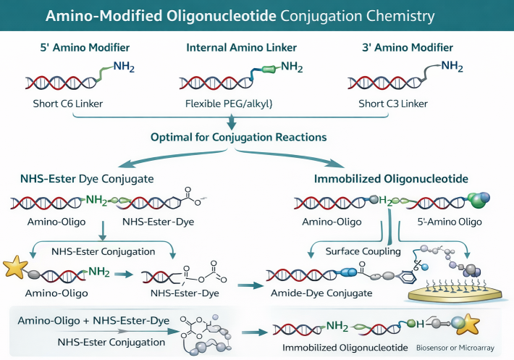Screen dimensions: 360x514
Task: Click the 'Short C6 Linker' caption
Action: pyautogui.click(x=69, y=104)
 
